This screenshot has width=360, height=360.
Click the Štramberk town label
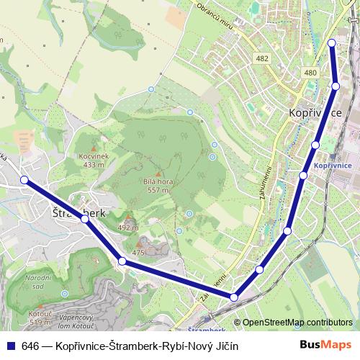tap(79, 213)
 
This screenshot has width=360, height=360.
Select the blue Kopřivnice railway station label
tap(333, 166)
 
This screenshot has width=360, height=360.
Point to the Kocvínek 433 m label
tap(94, 161)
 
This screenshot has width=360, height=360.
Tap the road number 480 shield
tap(310, 73)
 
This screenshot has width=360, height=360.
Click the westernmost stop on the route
tap(24, 180)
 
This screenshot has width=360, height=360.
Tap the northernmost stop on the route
tap(332, 43)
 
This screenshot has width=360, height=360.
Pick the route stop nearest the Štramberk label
tap(85, 218)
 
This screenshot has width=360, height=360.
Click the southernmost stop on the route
tap(234, 297)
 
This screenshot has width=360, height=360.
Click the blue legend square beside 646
tap(11, 346)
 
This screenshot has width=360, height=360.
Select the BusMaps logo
tap(325, 345)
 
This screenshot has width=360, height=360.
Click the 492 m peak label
tap(127, 228)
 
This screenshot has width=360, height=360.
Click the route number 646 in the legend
tap(30, 346)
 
